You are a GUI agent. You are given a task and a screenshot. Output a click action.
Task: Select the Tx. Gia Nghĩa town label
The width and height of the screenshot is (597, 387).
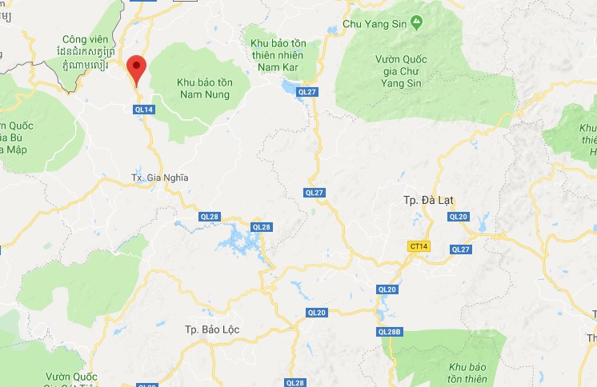coord(159,178)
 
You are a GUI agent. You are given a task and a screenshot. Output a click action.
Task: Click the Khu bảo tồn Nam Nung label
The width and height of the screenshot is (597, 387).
coord(202,88)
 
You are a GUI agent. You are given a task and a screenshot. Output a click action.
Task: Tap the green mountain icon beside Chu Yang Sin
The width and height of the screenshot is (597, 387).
coord(415,22)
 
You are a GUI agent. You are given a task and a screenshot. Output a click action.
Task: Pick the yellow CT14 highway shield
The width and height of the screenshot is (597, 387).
coord(418,248)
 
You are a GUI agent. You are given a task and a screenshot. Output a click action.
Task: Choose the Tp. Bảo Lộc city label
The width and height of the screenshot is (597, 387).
coord(212,329)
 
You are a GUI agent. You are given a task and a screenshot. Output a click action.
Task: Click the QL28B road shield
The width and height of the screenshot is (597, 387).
coord(389,331)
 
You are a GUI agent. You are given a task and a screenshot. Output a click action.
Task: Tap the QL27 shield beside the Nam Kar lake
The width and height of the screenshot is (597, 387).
coord(307,93)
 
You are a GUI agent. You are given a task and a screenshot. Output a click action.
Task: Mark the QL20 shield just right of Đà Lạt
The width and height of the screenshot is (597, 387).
coord(459,217)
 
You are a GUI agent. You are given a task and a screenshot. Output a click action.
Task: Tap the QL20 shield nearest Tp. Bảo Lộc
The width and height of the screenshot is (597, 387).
coord(317,313)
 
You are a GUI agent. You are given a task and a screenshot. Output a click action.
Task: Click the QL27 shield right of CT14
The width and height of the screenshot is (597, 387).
coord(461,249)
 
